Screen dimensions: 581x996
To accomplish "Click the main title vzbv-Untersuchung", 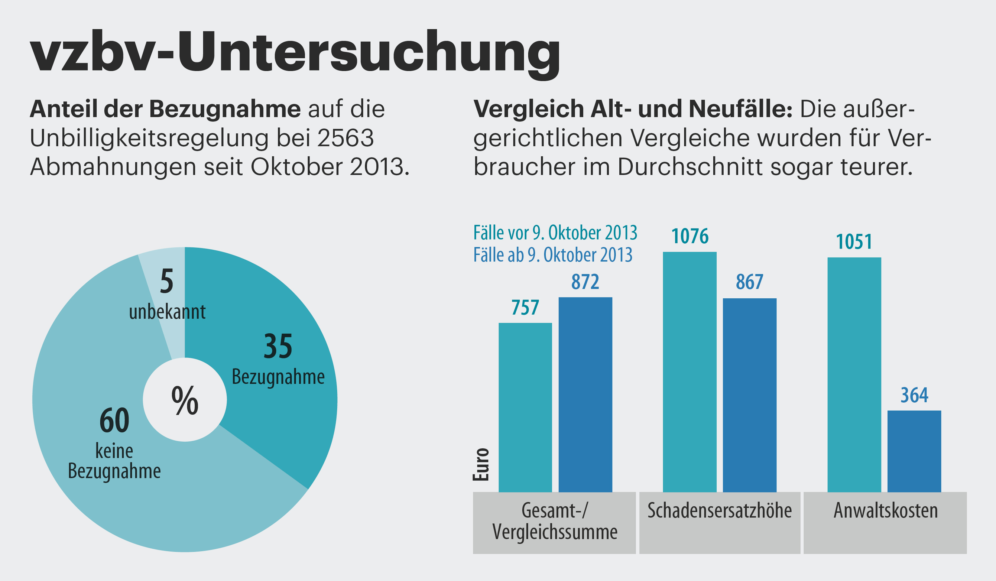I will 295,53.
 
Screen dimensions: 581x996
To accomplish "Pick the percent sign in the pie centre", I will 185,400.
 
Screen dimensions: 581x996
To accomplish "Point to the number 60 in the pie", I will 114,421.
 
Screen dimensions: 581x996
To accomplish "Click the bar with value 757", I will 525,407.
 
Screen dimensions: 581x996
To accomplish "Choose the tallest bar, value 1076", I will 689,371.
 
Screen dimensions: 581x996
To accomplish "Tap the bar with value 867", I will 749,395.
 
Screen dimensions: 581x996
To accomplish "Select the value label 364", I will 914,395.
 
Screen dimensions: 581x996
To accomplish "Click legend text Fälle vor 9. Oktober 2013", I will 555,233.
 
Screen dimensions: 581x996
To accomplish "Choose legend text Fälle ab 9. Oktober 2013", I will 552,255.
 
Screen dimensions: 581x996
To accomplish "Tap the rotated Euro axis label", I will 481,464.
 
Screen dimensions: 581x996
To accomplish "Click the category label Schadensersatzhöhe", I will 719,511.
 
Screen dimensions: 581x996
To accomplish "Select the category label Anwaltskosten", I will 885,511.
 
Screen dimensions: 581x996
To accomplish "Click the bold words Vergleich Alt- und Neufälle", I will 632,109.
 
